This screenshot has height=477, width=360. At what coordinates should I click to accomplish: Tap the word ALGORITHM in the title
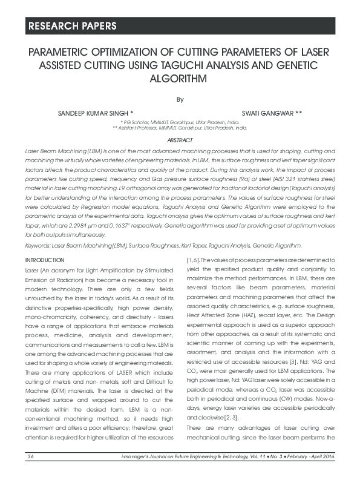[179, 79]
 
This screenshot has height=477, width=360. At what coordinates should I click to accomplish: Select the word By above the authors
[180, 99]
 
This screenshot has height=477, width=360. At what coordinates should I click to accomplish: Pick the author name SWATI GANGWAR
[272, 113]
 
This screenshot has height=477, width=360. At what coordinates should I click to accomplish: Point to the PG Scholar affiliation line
[180, 122]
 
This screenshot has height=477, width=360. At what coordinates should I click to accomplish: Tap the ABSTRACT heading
[180, 140]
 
